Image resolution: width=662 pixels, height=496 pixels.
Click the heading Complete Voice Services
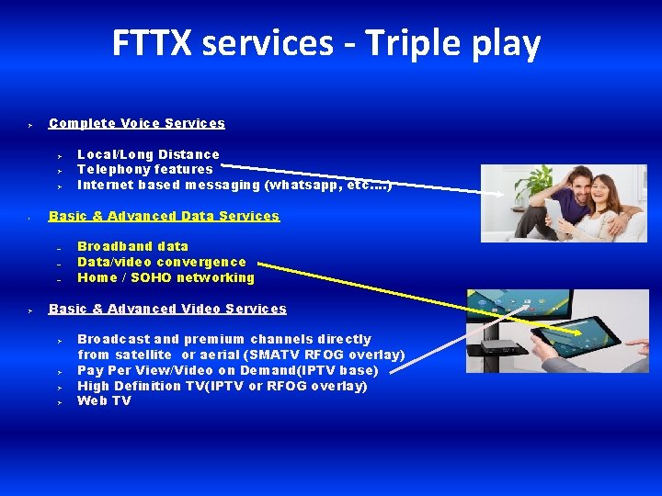137,123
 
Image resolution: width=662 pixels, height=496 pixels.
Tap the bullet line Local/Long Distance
148,154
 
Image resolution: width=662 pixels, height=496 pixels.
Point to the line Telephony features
144,169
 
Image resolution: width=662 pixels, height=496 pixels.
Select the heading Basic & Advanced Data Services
164,216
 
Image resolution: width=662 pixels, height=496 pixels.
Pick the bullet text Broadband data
132,246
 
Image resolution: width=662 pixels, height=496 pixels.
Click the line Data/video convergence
162,262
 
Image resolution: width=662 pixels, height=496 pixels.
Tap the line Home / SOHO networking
165,277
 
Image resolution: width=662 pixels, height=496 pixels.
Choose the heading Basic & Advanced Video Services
167,309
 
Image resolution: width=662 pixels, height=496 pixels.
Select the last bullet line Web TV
104,400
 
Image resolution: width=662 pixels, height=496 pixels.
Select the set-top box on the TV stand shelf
503,346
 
